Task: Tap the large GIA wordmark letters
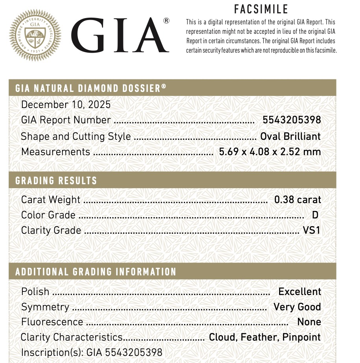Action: [x=120, y=36]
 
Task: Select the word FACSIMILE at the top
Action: [x=261, y=9]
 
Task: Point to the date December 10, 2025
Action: [x=66, y=104]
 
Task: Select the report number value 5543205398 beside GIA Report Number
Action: [x=292, y=120]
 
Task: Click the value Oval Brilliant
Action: [x=290, y=136]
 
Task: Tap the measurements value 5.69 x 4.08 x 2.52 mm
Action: [x=270, y=152]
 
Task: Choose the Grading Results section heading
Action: [x=56, y=181]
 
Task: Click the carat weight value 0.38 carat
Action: [x=298, y=200]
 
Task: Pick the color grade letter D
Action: [x=314, y=215]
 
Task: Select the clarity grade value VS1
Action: [x=312, y=230]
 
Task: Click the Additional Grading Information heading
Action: [x=96, y=272]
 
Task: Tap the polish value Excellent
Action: [x=299, y=291]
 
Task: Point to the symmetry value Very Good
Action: [x=297, y=307]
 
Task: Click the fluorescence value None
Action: [x=309, y=322]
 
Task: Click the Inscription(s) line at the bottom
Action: [x=92, y=352]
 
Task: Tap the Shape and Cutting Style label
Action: [x=76, y=136]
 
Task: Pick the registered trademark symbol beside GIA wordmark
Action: [x=166, y=21]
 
